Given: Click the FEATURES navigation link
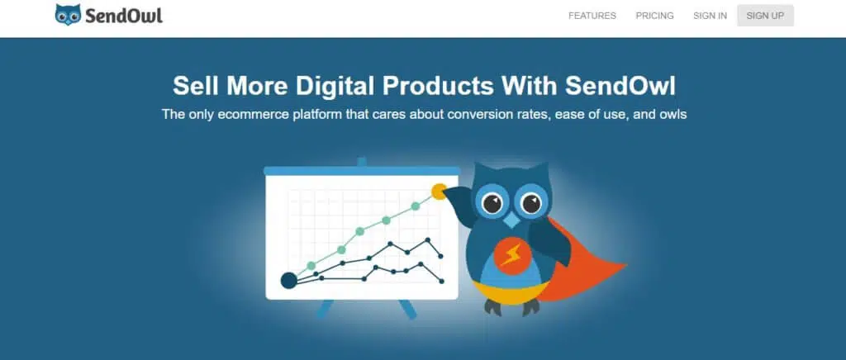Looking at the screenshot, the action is tap(592, 16).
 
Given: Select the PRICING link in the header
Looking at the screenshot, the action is tap(654, 16).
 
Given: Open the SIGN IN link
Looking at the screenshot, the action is tap(710, 16).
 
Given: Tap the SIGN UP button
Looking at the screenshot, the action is tap(765, 16).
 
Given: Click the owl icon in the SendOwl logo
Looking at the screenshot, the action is tap(68, 15).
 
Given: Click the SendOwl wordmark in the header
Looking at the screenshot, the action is tap(124, 16).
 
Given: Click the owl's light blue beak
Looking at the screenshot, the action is tap(511, 220).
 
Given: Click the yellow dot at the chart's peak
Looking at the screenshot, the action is tap(440, 192).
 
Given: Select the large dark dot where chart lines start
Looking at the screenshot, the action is tap(289, 280).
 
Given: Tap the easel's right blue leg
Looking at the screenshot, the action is tap(407, 308).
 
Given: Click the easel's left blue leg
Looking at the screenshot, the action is tap(326, 308).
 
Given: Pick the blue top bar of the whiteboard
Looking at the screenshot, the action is tap(362, 170).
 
